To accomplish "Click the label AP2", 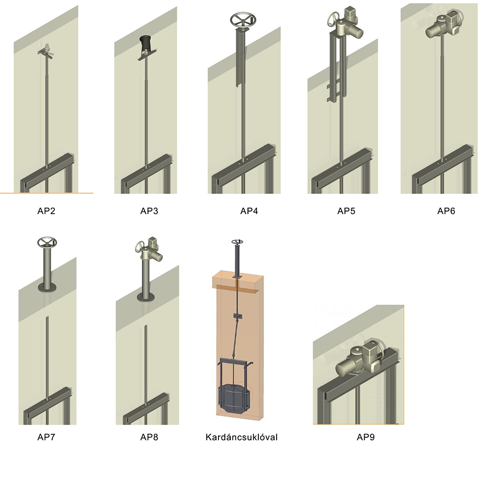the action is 46,211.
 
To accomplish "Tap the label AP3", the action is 149,211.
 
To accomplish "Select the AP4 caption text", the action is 249,211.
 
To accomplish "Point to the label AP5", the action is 346,211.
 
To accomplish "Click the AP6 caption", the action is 446,211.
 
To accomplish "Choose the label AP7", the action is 46,437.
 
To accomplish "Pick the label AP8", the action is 149,437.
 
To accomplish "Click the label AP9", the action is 366,437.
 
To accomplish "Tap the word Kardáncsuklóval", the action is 242,437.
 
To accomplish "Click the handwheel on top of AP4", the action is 243,20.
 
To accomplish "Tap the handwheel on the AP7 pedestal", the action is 47,242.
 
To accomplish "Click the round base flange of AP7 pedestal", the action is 47,287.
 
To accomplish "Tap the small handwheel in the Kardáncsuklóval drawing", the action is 237,242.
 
